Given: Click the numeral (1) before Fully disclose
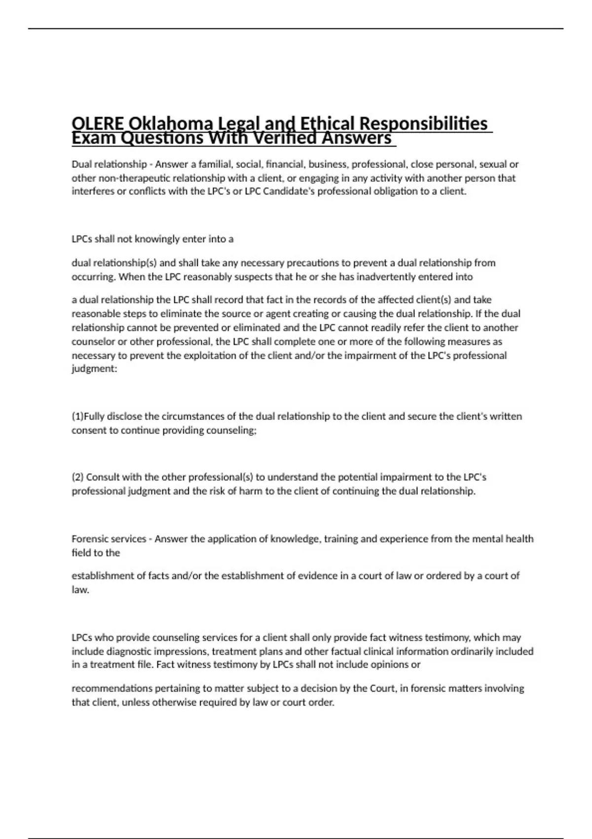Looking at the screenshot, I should (78, 417).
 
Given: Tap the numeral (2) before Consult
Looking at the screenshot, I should (78, 477).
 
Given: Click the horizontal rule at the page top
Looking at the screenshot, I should (296, 29).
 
